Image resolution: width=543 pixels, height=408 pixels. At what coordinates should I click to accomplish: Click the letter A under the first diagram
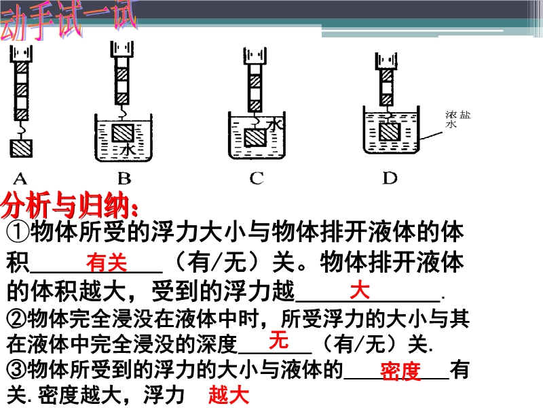20,179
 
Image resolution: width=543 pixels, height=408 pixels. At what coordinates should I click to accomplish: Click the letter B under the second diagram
124,179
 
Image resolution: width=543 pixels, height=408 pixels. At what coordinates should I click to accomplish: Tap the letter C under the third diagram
257,179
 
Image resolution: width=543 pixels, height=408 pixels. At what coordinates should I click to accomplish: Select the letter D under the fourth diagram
390,178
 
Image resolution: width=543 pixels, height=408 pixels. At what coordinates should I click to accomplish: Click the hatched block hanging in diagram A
21,148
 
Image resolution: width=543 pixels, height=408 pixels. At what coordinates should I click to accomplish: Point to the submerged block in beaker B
123,133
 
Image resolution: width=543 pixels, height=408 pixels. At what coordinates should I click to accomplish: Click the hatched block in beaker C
255,138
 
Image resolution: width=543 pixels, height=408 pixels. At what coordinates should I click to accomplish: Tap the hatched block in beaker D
390,131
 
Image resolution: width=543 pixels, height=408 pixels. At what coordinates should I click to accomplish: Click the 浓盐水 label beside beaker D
457,119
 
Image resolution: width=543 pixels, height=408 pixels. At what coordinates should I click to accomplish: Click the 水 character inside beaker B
128,150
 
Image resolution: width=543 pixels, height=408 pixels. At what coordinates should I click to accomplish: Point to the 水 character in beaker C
276,124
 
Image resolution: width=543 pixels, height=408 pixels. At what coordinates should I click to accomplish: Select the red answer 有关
107,262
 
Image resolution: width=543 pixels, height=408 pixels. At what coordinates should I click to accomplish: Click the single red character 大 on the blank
360,290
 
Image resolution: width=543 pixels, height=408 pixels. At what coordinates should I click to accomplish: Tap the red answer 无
278,339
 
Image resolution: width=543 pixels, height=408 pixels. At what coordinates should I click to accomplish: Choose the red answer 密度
400,372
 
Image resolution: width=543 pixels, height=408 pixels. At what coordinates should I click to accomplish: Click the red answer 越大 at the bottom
229,395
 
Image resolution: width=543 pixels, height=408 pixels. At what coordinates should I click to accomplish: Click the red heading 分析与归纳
69,205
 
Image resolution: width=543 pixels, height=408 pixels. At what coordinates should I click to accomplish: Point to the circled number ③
16,369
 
